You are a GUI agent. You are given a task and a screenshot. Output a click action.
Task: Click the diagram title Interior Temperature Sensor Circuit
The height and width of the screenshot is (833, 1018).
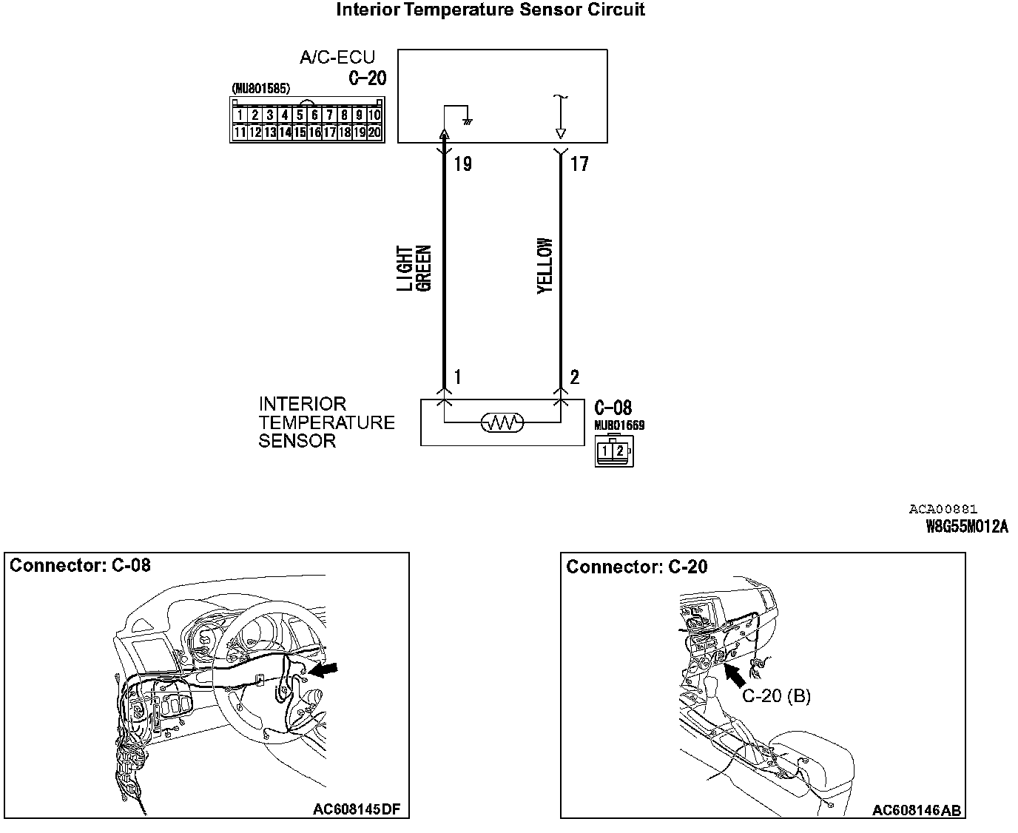tap(491, 10)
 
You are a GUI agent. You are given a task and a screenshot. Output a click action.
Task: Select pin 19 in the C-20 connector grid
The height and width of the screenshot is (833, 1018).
tap(359, 132)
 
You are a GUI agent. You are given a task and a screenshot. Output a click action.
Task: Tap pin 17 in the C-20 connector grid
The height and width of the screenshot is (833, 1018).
tap(329, 132)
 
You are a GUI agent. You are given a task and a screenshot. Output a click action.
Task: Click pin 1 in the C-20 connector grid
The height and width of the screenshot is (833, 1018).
tap(240, 115)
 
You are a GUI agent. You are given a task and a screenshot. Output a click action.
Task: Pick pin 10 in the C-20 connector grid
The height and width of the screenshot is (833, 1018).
tap(374, 115)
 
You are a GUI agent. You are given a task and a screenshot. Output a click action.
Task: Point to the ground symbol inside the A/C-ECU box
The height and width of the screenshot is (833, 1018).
tap(466, 121)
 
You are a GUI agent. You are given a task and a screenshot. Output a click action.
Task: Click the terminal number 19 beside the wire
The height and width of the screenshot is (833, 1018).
tap(462, 164)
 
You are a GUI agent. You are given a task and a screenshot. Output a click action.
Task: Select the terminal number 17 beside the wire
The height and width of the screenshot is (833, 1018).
tap(579, 164)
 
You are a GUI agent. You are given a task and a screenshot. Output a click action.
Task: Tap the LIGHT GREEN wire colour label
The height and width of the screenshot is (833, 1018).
tap(414, 268)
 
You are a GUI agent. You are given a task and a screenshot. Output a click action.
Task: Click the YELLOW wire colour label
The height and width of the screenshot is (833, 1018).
tap(545, 266)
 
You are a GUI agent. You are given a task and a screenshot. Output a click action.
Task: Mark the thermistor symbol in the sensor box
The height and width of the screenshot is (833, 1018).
tap(502, 423)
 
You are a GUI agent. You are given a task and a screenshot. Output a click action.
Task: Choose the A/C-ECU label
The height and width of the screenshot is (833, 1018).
tap(337, 58)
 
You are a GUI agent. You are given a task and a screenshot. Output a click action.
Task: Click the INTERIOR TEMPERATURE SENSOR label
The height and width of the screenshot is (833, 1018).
tap(326, 422)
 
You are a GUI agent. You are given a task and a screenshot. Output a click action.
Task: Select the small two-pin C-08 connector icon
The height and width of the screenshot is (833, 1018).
tap(613, 451)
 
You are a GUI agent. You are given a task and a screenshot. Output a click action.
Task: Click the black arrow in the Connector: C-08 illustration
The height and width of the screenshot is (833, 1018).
tap(323, 670)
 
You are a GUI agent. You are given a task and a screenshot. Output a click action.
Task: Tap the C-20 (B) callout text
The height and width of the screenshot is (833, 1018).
tap(776, 695)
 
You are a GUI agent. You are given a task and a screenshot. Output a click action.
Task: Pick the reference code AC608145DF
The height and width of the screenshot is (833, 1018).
tap(357, 809)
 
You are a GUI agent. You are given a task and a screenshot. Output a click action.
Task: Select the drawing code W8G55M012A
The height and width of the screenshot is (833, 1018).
tap(967, 527)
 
